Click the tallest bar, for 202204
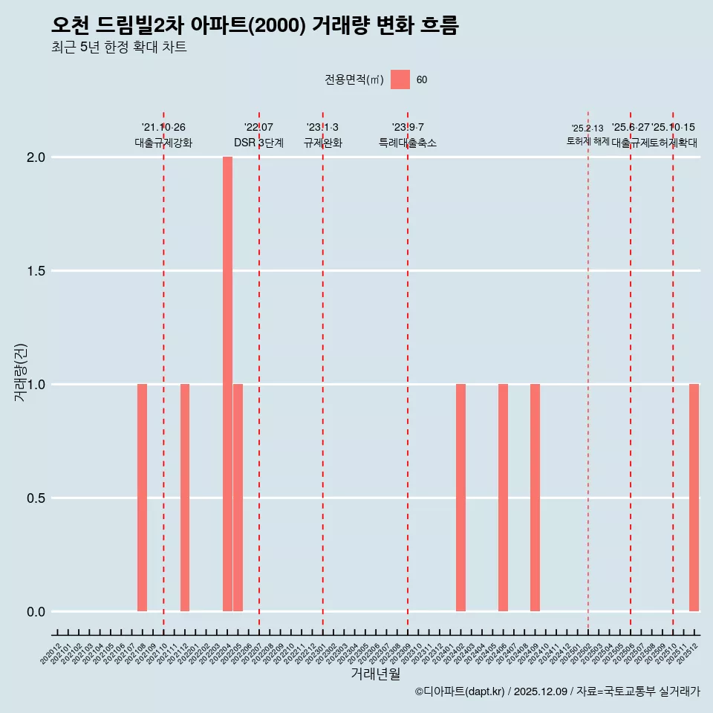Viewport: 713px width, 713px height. point(227,384)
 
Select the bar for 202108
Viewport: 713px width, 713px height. point(142,498)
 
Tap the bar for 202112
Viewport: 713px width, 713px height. point(185,498)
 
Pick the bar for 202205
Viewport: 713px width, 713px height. point(238,498)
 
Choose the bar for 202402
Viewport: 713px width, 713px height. point(460,498)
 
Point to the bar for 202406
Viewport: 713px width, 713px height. point(503,498)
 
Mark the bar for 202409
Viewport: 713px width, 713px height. point(535,498)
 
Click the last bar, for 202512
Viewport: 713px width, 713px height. point(694,498)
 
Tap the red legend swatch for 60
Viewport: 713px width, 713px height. point(400,79)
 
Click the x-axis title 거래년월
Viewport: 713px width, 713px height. point(376,674)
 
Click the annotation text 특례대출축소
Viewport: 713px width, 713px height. point(408,143)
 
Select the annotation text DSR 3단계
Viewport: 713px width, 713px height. point(258,143)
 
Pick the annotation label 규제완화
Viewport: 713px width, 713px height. point(323,143)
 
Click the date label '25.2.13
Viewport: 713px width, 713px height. point(587,128)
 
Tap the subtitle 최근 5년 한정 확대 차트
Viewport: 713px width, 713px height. point(119,48)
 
